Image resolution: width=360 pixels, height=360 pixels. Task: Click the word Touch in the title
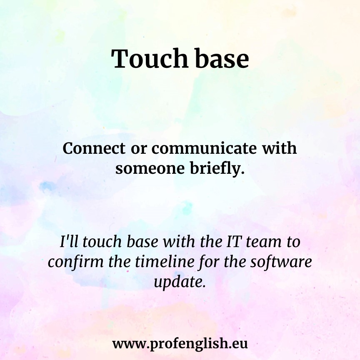(x=150, y=59)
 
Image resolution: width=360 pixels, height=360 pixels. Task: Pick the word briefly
(x=217, y=169)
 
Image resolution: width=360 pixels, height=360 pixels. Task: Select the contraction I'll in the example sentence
(x=68, y=242)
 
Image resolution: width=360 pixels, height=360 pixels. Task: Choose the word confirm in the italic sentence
(x=76, y=262)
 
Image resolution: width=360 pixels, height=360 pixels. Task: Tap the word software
(x=281, y=262)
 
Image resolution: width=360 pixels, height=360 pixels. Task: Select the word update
(x=180, y=282)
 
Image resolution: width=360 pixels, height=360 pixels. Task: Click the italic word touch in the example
(x=102, y=242)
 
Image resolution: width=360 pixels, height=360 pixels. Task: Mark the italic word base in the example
(x=142, y=242)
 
